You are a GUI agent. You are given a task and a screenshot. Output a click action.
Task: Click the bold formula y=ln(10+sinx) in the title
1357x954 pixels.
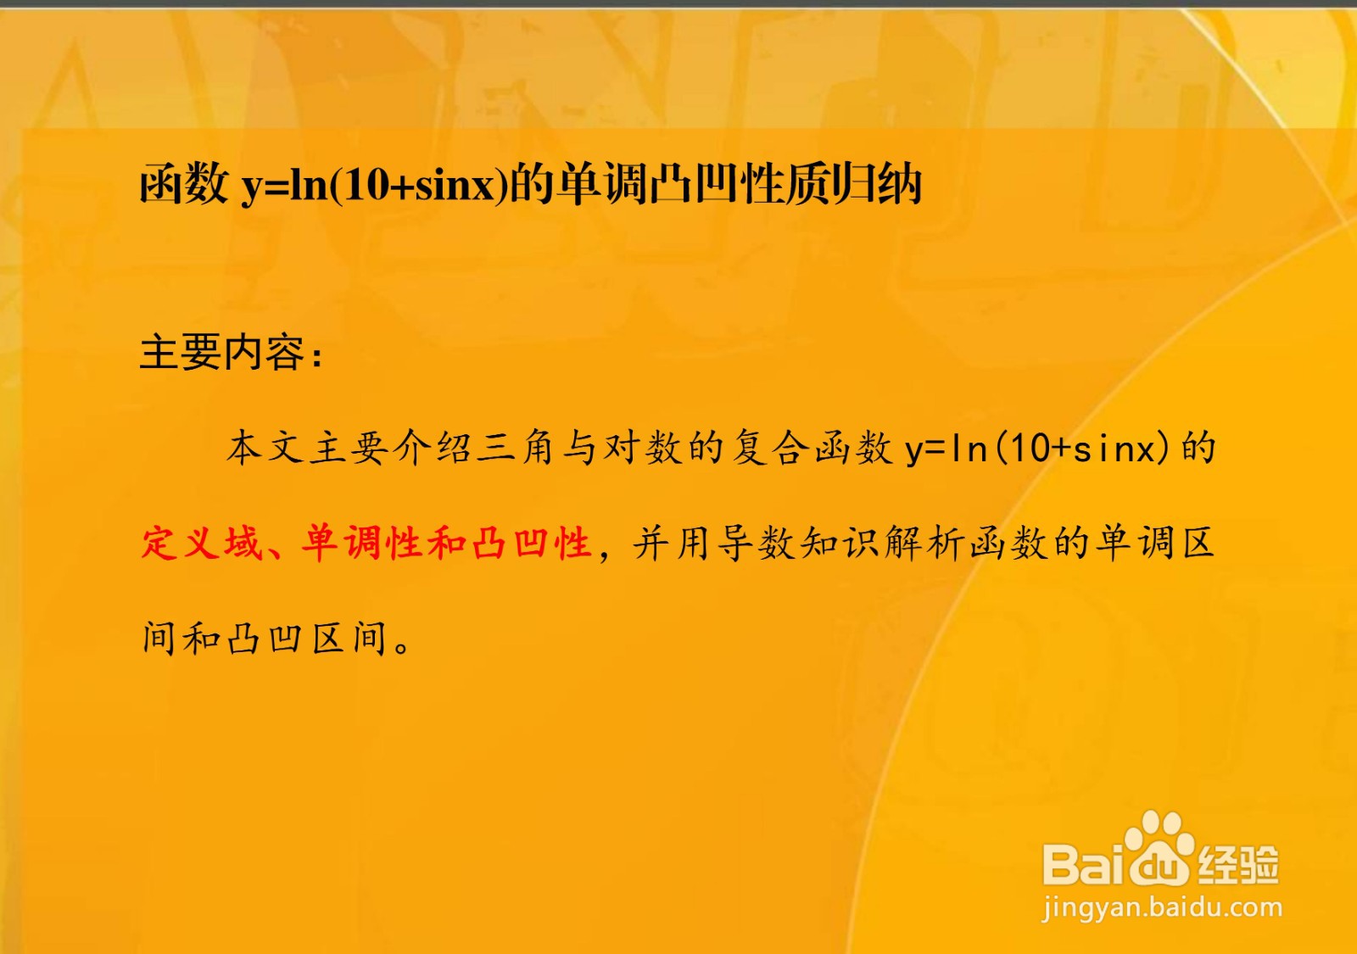pyautogui.click(x=374, y=185)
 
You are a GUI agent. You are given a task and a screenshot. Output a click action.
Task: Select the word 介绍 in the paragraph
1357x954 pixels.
pyautogui.click(x=433, y=449)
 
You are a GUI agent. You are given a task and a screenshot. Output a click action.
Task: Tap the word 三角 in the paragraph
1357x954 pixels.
pyautogui.click(x=516, y=449)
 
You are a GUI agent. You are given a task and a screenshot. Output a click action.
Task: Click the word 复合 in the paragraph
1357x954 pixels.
pyautogui.click(x=771, y=449)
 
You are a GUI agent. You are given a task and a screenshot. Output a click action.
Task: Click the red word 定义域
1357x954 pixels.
pyautogui.click(x=202, y=542)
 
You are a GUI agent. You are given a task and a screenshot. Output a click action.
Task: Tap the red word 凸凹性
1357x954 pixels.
pyautogui.click(x=531, y=542)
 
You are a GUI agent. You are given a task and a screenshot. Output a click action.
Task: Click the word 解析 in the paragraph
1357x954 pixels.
pyautogui.click(x=924, y=542)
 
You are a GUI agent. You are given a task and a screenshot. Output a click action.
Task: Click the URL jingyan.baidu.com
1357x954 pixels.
pyautogui.click(x=1162, y=908)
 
